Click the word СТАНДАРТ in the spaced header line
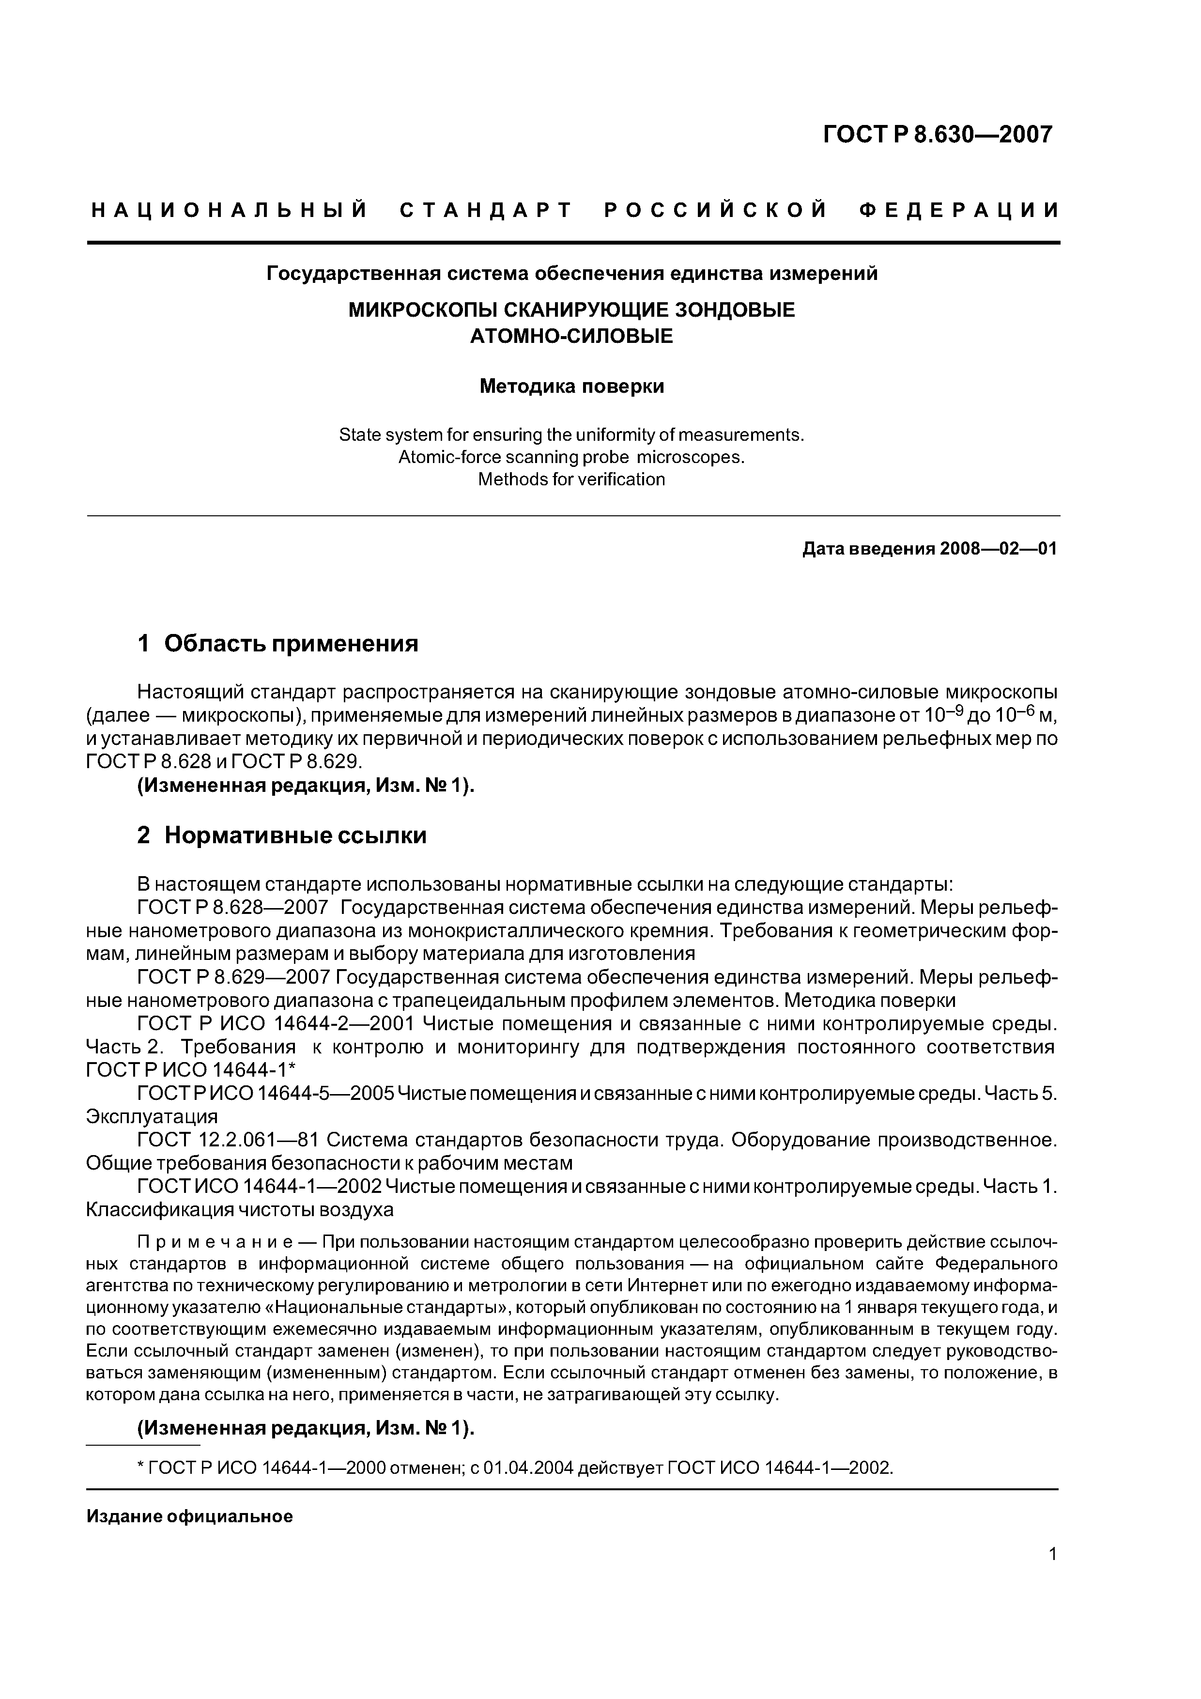pyautogui.click(x=486, y=211)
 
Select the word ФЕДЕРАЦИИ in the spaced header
pyautogui.click(x=959, y=211)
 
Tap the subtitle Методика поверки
pyautogui.click(x=571, y=386)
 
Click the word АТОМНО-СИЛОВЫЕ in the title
pyautogui.click(x=571, y=336)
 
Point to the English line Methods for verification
pyautogui.click(x=571, y=479)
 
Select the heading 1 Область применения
pyautogui.click(x=277, y=643)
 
